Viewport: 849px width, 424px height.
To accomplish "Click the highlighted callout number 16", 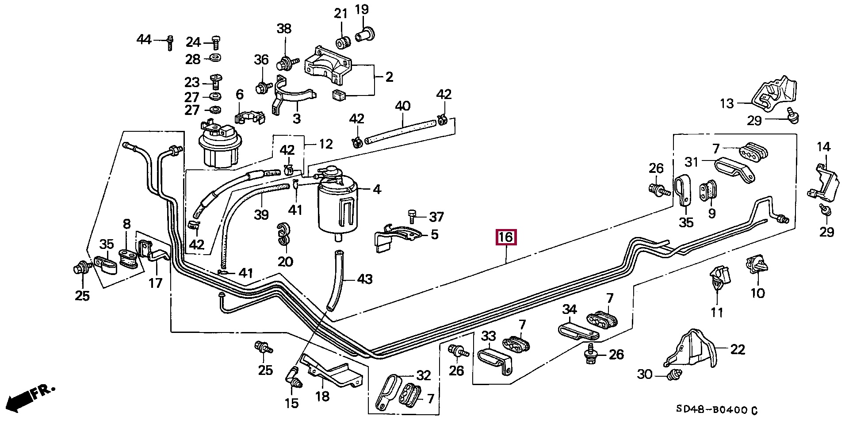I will [505, 237].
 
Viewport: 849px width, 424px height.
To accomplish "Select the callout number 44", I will [144, 40].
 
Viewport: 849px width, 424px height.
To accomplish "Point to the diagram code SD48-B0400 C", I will [716, 410].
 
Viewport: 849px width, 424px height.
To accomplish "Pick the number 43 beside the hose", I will [364, 279].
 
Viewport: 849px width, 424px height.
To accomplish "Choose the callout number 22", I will [738, 350].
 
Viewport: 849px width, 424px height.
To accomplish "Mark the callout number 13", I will [727, 103].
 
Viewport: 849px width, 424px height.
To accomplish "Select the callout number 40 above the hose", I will [402, 106].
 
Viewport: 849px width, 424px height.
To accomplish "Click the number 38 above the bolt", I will [284, 29].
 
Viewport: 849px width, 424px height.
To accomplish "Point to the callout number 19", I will [362, 9].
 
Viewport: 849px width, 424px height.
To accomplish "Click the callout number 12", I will [325, 144].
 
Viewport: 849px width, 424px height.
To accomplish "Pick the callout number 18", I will [322, 396].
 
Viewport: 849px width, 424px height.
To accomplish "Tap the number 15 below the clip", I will [291, 403].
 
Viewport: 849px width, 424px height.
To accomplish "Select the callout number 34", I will [570, 309].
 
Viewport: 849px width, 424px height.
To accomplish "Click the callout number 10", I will [757, 293].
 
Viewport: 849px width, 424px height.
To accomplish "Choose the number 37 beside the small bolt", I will [436, 217].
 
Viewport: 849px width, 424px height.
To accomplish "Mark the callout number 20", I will [285, 261].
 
